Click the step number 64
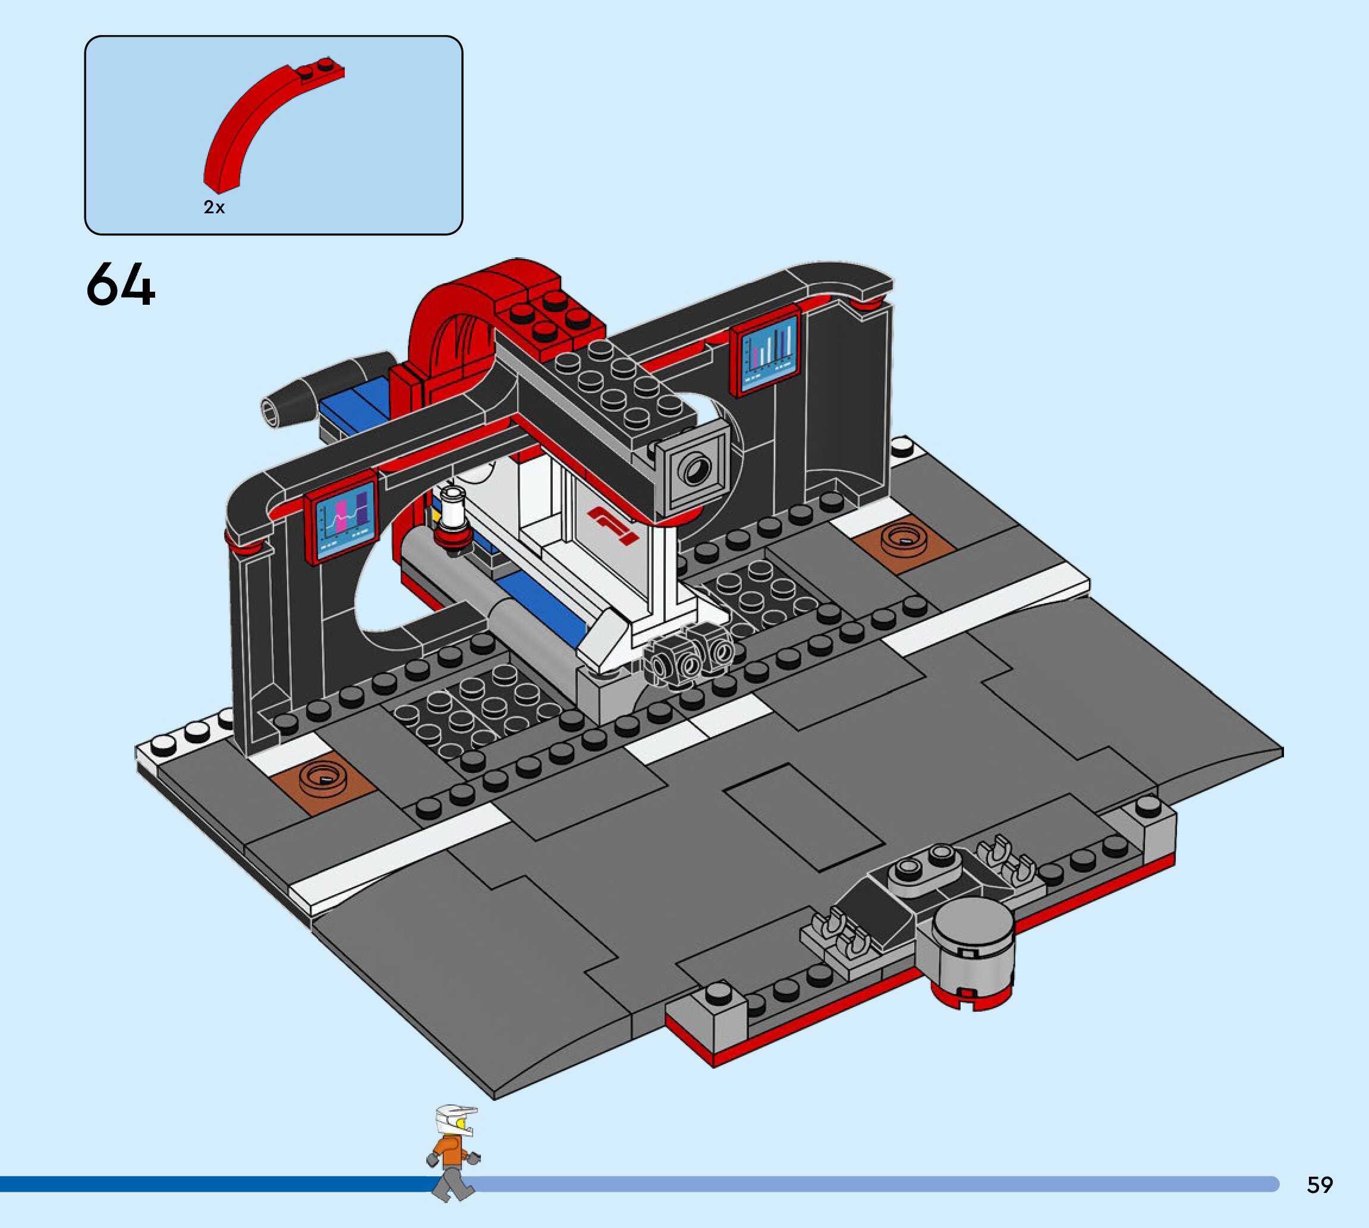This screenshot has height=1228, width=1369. point(121,285)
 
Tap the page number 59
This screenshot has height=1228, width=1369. point(1320,1185)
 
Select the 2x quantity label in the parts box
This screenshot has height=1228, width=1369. point(214,207)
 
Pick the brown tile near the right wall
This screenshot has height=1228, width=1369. point(904,538)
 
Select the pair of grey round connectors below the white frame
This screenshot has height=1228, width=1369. point(688,658)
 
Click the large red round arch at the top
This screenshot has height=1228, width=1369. point(459,317)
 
